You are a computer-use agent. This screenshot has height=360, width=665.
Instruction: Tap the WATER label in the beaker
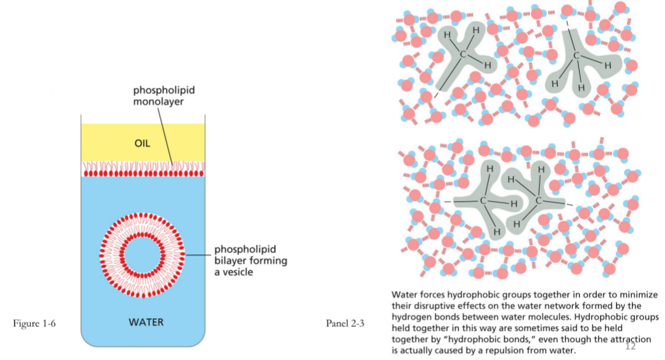click(x=146, y=322)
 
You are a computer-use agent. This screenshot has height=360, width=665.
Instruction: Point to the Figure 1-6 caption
click(x=34, y=324)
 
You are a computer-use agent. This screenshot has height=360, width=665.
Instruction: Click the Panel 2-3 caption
click(x=345, y=324)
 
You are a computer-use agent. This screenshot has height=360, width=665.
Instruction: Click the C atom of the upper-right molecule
click(x=576, y=56)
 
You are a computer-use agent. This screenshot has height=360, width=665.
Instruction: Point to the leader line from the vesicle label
click(x=198, y=256)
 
